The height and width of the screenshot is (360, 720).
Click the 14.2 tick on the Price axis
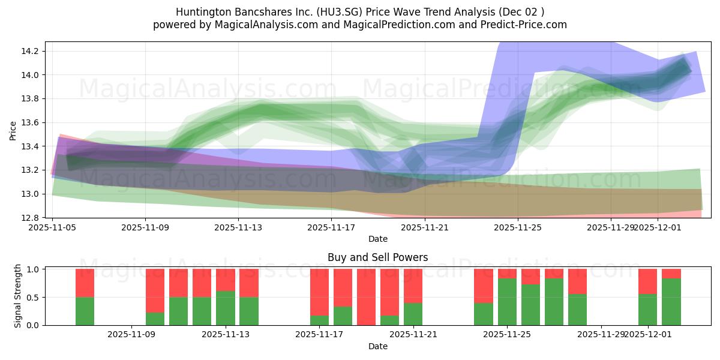point(30,51)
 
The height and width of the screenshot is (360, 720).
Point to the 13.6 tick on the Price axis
point(30,122)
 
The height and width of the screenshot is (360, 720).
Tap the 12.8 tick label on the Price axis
point(30,218)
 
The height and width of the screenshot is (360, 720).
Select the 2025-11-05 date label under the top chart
point(52,228)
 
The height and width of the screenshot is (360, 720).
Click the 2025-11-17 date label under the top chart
point(331,228)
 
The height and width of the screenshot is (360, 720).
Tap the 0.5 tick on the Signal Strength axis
point(34,297)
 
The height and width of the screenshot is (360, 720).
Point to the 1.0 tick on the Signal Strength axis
point(34,269)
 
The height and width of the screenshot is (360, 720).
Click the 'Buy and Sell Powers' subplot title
point(377,257)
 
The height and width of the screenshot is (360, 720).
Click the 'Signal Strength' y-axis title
point(18,296)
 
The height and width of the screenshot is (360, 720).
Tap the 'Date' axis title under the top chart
point(377,239)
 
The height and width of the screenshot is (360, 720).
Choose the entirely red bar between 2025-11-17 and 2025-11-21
point(366,297)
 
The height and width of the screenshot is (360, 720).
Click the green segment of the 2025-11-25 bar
point(507,302)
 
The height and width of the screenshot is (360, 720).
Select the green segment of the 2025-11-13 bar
point(225,308)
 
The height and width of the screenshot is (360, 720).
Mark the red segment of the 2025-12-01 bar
point(647,281)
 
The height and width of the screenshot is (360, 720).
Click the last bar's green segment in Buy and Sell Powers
point(671,302)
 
